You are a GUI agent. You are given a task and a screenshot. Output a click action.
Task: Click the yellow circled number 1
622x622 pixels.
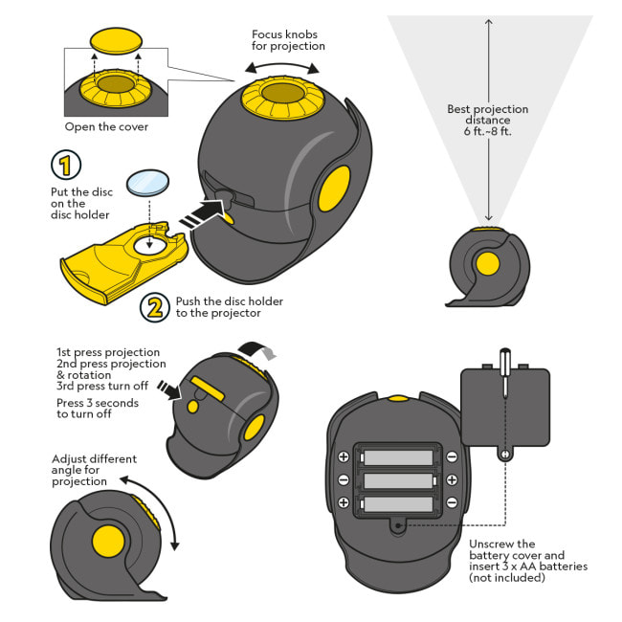(65, 165)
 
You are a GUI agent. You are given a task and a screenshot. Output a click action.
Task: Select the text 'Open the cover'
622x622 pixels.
(106, 126)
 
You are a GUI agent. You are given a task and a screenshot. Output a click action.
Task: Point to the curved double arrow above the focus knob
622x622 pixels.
(282, 66)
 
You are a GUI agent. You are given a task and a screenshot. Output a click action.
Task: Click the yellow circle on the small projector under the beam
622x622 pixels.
(487, 264)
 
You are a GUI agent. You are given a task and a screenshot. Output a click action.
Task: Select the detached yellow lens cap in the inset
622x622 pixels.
(115, 41)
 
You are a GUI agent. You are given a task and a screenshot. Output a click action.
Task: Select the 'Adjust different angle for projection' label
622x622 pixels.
(93, 470)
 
